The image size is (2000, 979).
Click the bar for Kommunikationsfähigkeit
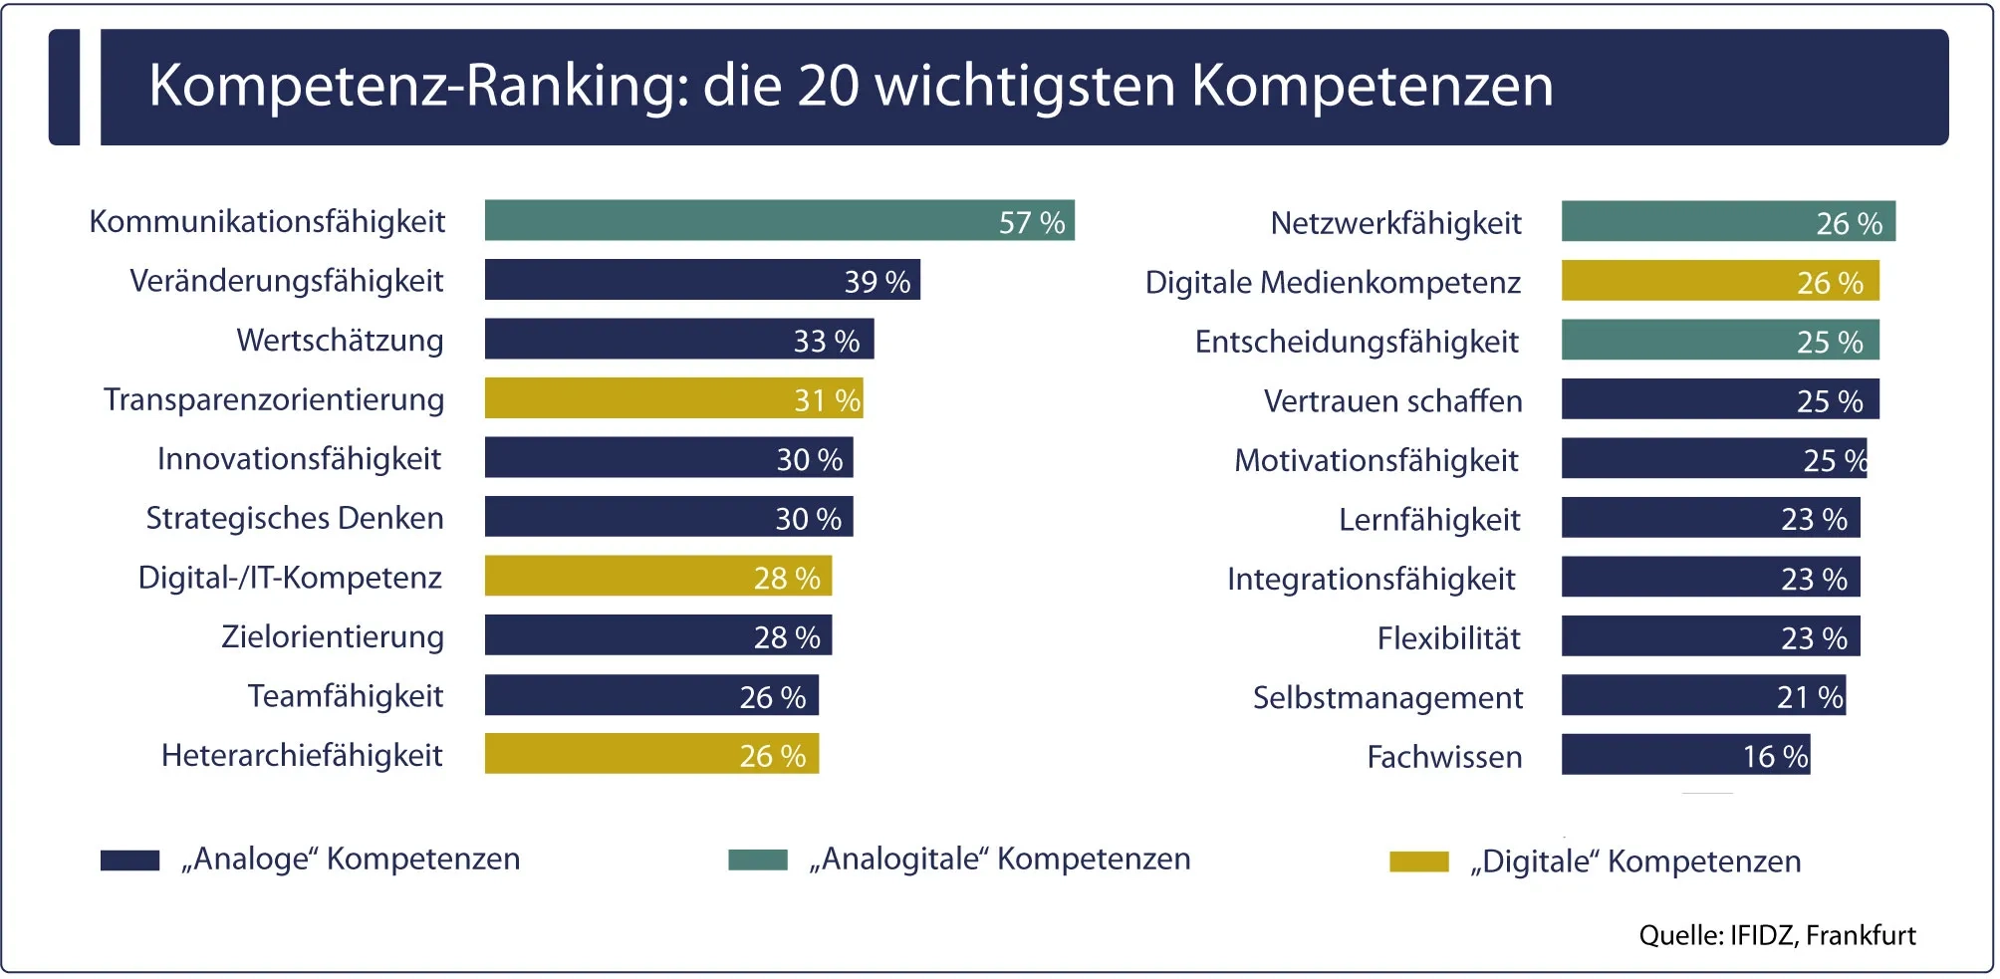[779, 220]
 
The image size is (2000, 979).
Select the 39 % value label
[876, 282]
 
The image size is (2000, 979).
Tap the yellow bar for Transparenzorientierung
[673, 398]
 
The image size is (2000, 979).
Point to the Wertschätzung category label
[340, 341]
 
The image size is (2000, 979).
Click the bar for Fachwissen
[1685, 755]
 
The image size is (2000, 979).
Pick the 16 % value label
[1775, 757]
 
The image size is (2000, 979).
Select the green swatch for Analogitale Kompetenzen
[757, 859]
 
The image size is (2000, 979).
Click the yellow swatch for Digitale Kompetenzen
[1418, 861]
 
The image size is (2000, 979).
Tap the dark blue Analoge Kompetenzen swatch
[129, 860]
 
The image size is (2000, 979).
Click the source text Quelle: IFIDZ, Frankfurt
[1777, 935]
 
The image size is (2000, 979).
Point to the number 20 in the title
[828, 86]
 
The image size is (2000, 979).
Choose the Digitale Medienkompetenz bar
[1719, 281]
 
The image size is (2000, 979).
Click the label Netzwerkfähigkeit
[1395, 223]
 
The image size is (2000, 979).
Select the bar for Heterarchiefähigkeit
[651, 754]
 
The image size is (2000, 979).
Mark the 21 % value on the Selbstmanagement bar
[1810, 697]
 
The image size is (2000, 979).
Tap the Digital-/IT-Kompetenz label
[290, 578]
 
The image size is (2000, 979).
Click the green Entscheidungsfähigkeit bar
[1719, 341]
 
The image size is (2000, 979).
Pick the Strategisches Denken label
[295, 518]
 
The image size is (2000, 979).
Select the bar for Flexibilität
[1710, 636]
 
